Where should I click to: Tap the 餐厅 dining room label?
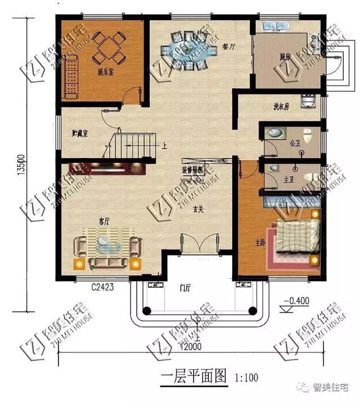[228, 48]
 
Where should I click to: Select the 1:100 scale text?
[246, 375]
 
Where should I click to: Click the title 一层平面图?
[193, 375]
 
